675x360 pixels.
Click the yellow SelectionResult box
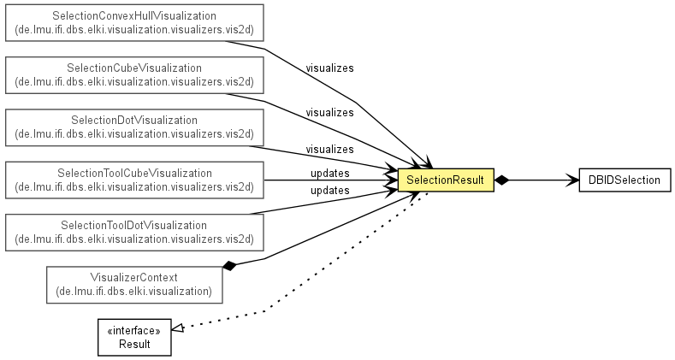(x=446, y=180)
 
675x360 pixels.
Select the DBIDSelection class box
(x=625, y=180)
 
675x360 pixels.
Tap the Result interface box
(x=134, y=337)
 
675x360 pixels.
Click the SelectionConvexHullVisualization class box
(x=134, y=23)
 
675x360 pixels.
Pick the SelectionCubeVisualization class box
(x=134, y=75)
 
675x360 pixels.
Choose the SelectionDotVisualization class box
(x=134, y=127)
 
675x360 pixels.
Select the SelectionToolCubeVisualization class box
(x=134, y=180)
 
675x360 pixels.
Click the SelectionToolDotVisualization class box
(x=134, y=233)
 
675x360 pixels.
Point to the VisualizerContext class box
(x=134, y=285)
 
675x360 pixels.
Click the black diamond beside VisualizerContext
(x=229, y=266)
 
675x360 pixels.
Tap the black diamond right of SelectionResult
(x=501, y=180)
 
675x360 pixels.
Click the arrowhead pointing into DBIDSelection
(x=572, y=180)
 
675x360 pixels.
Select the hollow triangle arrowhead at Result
(x=178, y=328)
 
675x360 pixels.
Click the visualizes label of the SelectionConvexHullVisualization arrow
(x=329, y=68)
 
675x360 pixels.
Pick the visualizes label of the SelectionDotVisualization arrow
(x=329, y=150)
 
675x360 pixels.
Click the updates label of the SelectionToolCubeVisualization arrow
(x=330, y=174)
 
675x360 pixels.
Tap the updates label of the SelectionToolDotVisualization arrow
(x=330, y=190)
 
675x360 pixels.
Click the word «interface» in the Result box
(x=134, y=330)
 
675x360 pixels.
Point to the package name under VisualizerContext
(x=134, y=292)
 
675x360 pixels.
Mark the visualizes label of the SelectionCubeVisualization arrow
(x=329, y=112)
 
